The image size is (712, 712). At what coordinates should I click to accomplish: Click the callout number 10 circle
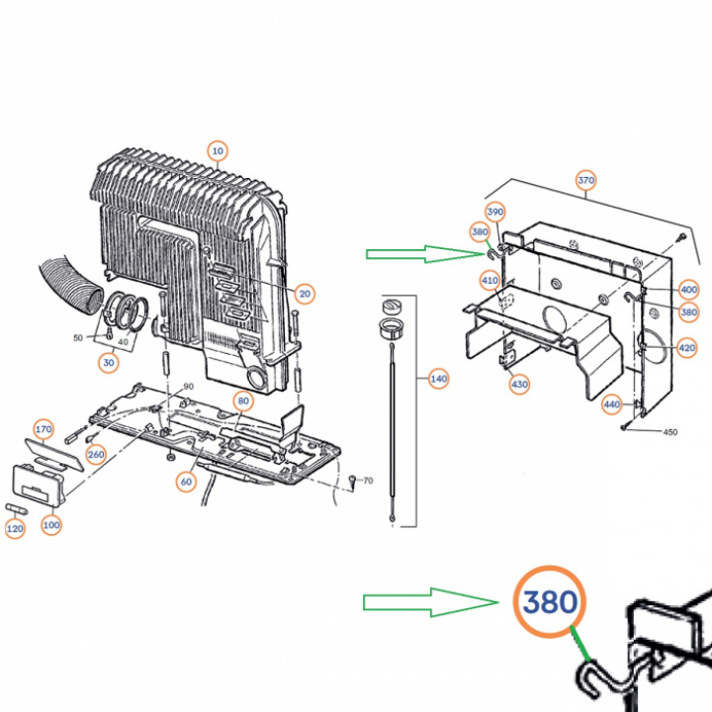[x=218, y=151]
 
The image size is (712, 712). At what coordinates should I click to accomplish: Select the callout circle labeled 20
[x=305, y=294]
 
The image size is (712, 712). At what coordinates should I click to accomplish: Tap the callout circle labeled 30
[x=109, y=362]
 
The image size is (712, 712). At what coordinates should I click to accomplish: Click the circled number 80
[x=243, y=400]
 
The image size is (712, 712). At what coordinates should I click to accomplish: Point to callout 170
[x=44, y=429]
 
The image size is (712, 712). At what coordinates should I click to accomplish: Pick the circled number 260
[x=96, y=454]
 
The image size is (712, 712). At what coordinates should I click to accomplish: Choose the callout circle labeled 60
[x=186, y=482]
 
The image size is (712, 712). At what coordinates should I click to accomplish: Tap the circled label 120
[x=15, y=528]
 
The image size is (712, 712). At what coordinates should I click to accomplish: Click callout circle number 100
[x=51, y=525]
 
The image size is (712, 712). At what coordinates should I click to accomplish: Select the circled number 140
[x=439, y=379]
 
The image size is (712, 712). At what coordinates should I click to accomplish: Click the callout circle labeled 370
[x=585, y=180]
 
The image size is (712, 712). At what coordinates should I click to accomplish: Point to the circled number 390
[x=495, y=212]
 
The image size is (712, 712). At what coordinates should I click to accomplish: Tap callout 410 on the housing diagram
[x=489, y=281]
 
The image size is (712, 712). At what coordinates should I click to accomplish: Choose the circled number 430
[x=519, y=385]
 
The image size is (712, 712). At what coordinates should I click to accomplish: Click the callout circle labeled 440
[x=612, y=404]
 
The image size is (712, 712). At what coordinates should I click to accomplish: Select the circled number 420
[x=686, y=348]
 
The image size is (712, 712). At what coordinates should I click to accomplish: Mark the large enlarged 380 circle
[x=550, y=601]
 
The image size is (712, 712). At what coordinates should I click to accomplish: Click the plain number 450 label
[x=670, y=432]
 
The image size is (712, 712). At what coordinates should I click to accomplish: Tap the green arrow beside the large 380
[x=431, y=602]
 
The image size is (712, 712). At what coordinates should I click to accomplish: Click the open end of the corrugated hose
[x=94, y=301]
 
